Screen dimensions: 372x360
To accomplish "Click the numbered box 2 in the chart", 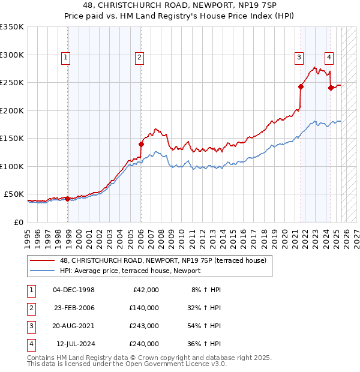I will (x=139, y=58).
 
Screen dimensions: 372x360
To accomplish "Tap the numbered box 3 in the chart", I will (x=298, y=58).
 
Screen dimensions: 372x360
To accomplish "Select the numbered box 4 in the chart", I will (x=329, y=58).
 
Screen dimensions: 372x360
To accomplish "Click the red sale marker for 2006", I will (x=142, y=144).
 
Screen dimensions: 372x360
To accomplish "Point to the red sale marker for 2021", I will (x=301, y=86).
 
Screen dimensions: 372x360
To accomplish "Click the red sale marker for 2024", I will (x=331, y=88).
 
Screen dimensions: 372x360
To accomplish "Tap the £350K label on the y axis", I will (x=12, y=27).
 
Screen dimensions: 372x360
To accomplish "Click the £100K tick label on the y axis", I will (x=12, y=166).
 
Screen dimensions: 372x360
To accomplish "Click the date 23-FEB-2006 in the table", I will (x=74, y=308).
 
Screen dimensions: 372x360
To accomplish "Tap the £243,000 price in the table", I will (x=144, y=326).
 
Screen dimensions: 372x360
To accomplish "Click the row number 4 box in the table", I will (x=30, y=344).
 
